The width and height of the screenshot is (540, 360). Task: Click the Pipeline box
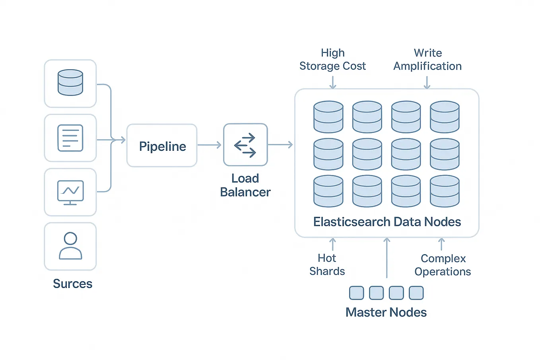[162, 146]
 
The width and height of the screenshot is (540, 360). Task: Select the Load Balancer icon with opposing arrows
[245, 145]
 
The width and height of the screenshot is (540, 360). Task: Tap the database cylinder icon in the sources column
[70, 83]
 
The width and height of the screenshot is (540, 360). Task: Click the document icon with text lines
[70, 138]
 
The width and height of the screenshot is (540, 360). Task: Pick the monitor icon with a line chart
[70, 192]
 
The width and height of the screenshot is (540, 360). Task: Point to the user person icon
[70, 246]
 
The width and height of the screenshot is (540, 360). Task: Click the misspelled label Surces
[72, 284]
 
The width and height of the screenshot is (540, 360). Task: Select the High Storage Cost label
[332, 60]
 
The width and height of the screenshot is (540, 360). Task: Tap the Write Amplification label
[427, 60]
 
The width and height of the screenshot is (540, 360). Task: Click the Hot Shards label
[327, 265]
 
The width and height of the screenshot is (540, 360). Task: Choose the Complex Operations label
[443, 265]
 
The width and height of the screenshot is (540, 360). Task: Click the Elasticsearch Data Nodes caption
[387, 222]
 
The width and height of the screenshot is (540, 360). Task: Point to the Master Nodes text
[386, 312]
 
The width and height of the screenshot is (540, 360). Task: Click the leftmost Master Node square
[356, 293]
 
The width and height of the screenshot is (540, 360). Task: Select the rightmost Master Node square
[416, 293]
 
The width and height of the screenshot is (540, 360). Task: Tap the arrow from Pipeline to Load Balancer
[209, 145]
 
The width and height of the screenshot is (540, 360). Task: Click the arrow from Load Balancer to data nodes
[280, 145]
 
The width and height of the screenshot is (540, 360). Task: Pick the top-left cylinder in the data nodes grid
[328, 117]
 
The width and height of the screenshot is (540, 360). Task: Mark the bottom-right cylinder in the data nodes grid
[445, 191]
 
